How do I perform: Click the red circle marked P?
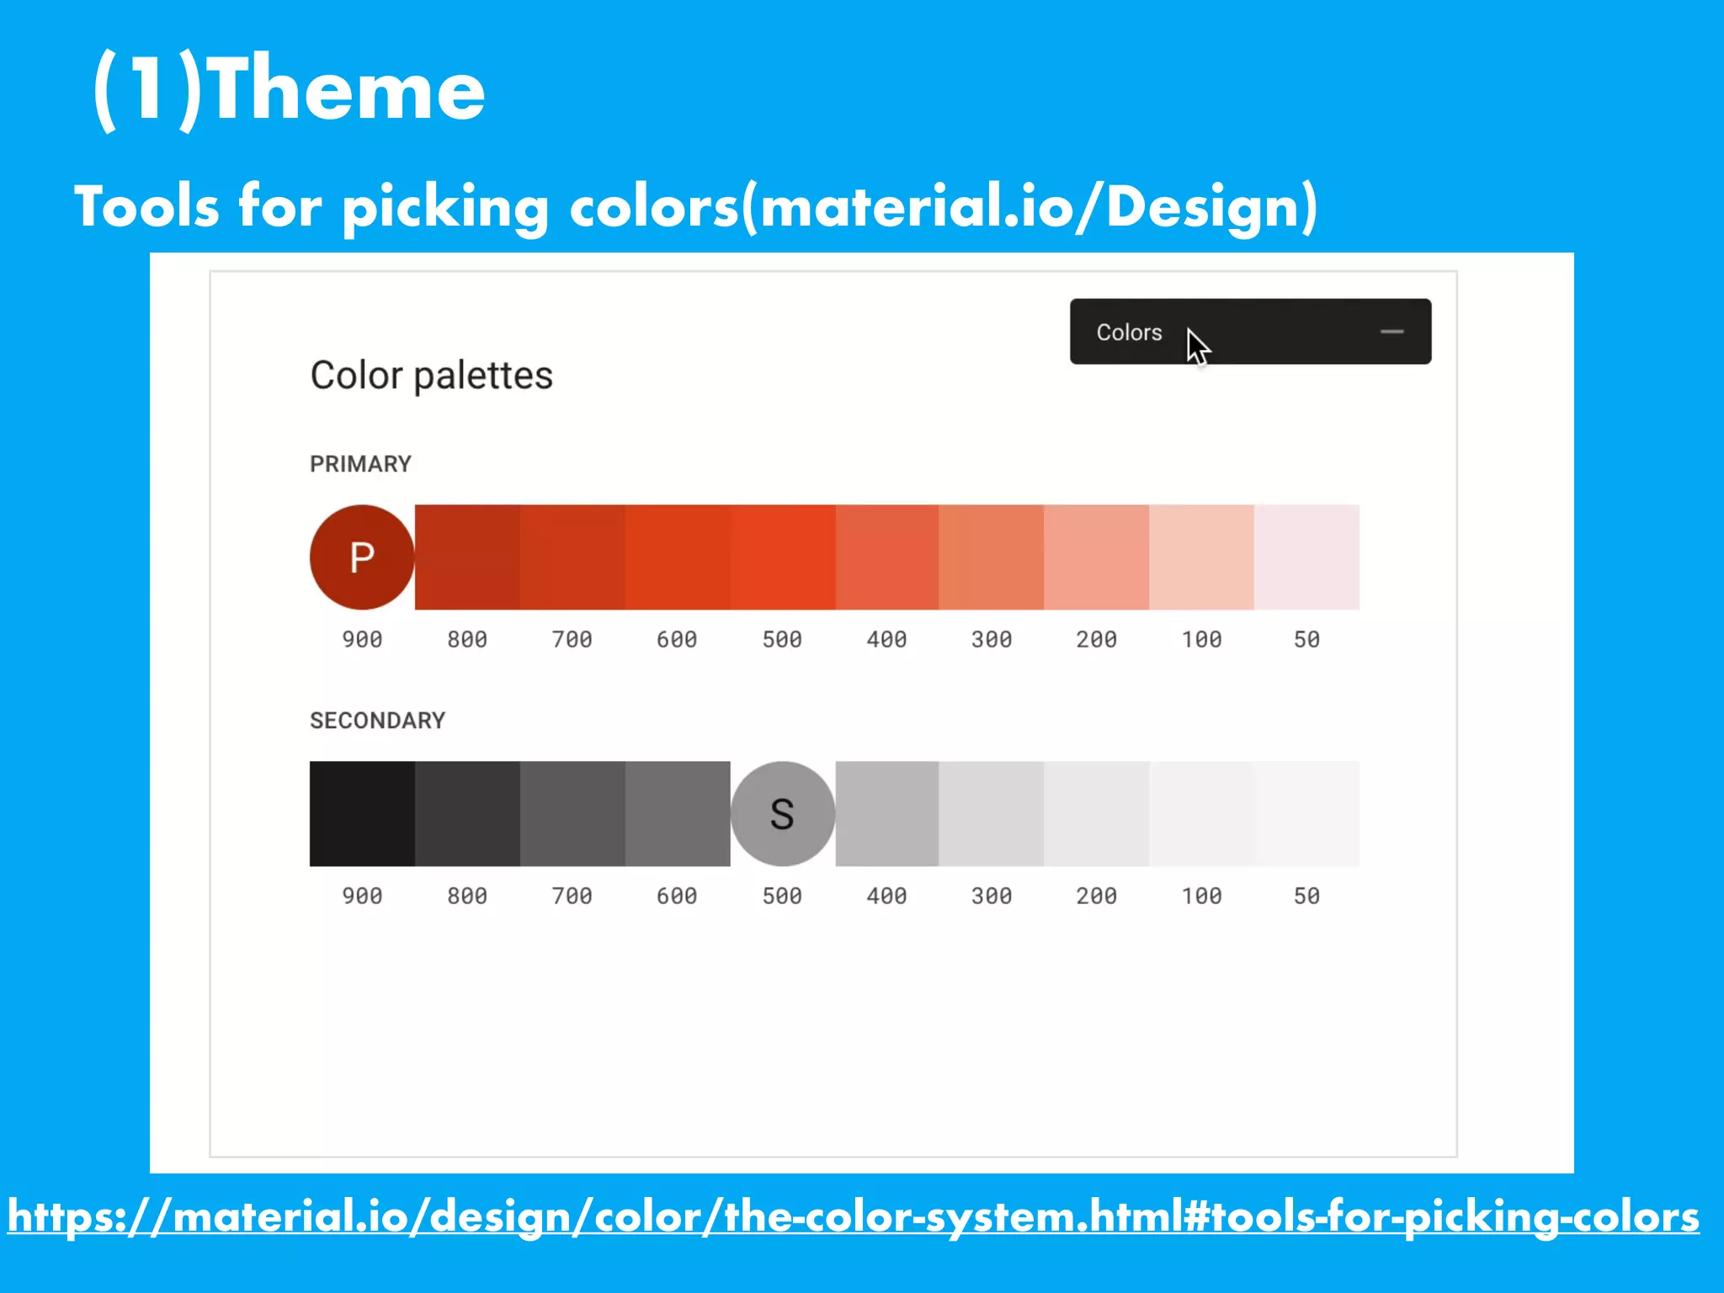pos(362,557)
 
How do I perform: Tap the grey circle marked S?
pos(782,814)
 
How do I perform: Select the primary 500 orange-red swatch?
pos(782,557)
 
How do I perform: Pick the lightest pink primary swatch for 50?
pos(1306,557)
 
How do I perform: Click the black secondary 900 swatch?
pos(362,814)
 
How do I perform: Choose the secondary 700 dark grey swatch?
pos(572,814)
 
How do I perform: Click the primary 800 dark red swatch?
pos(467,557)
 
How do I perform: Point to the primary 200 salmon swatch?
pos(1096,557)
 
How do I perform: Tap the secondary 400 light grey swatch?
pos(886,814)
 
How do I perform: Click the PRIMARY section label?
pos(360,464)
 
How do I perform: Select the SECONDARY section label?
pos(377,721)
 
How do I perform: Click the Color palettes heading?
pos(431,375)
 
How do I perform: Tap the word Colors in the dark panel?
pos(1129,333)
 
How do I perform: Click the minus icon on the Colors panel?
pos(1392,332)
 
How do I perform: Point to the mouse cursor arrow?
pos(1196,345)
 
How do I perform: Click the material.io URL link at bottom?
pos(854,1217)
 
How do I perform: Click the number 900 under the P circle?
pos(362,640)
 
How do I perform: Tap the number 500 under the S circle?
pos(782,897)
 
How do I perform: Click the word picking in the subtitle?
pos(445,208)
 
